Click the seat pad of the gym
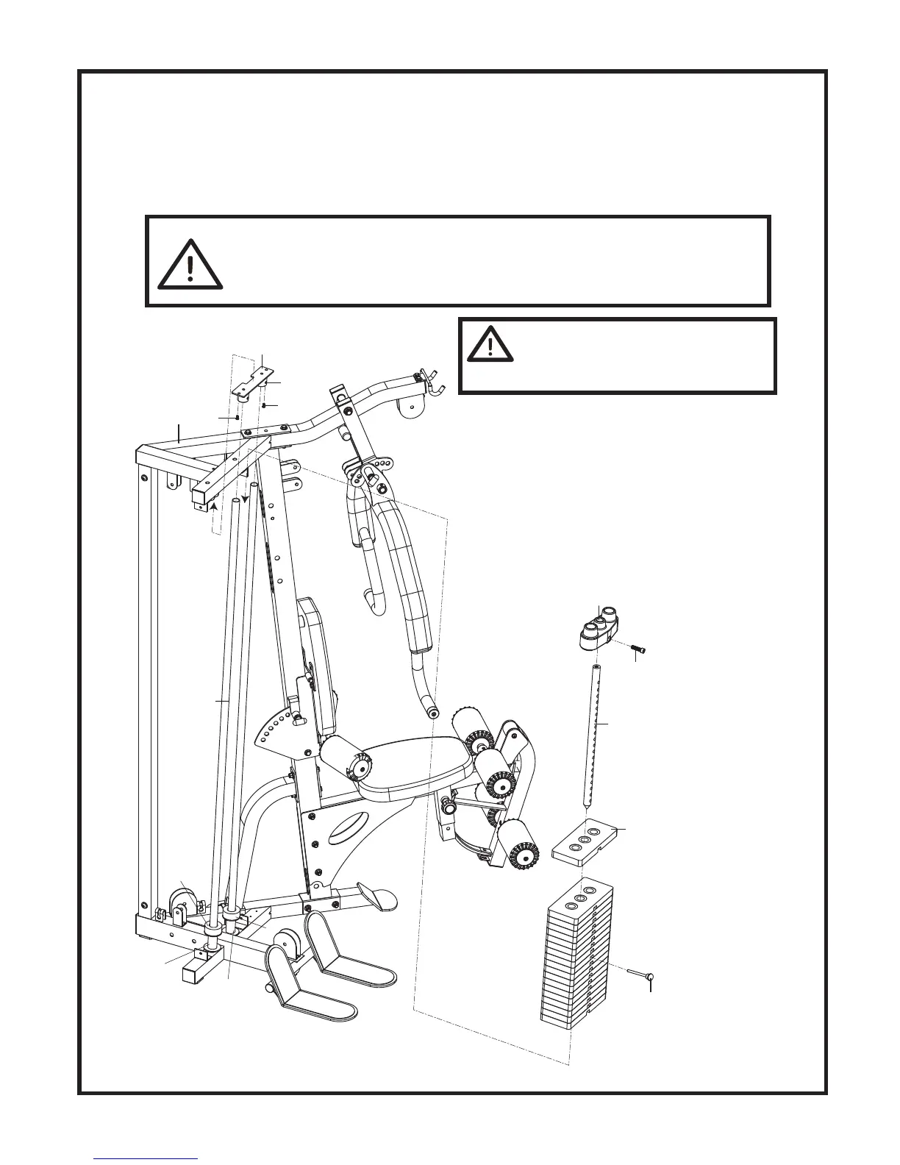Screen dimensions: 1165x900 pos(415,772)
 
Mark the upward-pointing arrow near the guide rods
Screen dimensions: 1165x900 pos(213,505)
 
